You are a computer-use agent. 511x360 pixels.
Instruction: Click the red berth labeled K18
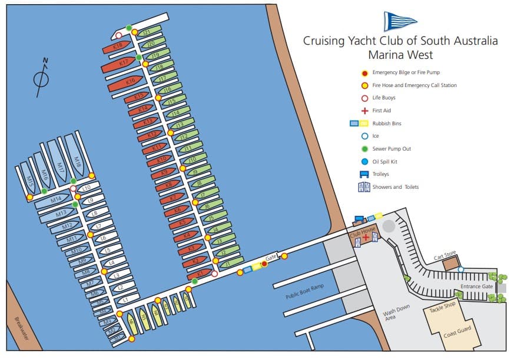pyautogui.click(x=118, y=46)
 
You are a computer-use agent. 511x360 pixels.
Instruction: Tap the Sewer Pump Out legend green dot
pyautogui.click(x=364, y=149)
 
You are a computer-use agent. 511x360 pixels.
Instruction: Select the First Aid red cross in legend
pyautogui.click(x=364, y=111)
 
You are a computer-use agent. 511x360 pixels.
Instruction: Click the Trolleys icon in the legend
pyautogui.click(x=364, y=174)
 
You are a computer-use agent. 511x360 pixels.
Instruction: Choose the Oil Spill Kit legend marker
pyautogui.click(x=364, y=162)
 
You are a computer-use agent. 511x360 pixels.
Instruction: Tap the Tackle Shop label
pyautogui.click(x=443, y=309)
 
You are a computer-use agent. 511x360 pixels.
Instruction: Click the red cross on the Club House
pyautogui.click(x=366, y=236)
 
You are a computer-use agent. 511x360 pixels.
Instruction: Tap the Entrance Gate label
pyautogui.click(x=476, y=286)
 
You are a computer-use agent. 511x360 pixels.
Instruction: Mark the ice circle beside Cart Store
pyautogui.click(x=460, y=269)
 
